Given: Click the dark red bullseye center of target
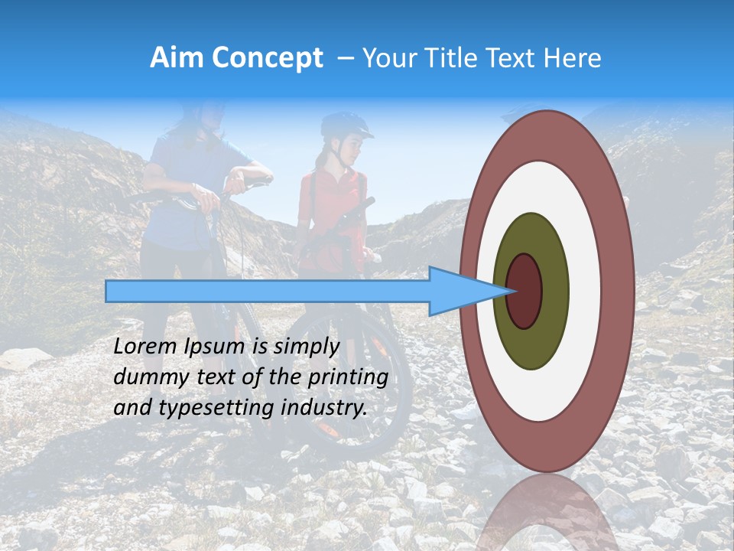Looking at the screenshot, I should click(525, 290).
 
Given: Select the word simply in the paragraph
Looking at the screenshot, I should click(306, 346).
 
